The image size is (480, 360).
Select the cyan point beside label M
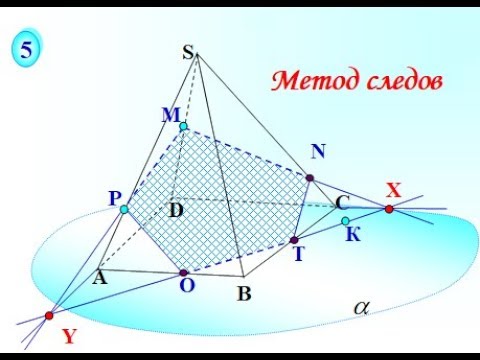click(183, 127)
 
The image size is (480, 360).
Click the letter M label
click(170, 116)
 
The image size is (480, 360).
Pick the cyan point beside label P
click(124, 209)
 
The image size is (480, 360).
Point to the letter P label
click(114, 199)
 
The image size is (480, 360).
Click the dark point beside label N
click(310, 178)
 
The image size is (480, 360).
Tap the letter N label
click(318, 152)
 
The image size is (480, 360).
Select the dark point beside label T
click(294, 240)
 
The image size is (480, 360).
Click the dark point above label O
click(184, 272)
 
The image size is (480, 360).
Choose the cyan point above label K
click(345, 221)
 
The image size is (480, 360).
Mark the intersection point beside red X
click(388, 209)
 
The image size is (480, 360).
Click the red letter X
click(393, 189)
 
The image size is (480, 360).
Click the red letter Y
click(69, 337)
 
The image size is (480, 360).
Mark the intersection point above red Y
click(49, 316)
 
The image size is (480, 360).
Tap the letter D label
click(176, 210)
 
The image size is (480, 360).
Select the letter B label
click(242, 294)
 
